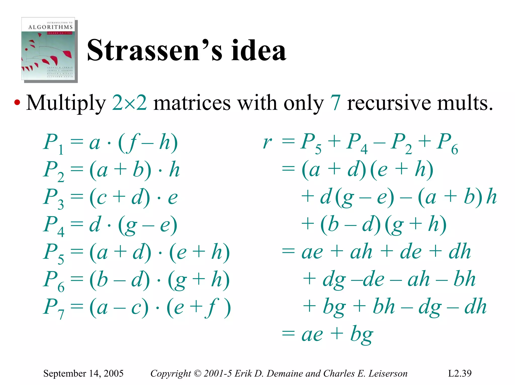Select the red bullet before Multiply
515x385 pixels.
click(x=17, y=103)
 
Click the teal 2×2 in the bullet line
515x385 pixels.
click(x=129, y=103)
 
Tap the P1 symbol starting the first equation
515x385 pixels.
click(x=53, y=143)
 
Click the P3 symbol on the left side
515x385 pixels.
click(x=53, y=198)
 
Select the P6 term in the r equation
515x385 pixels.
click(x=448, y=143)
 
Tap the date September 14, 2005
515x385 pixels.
click(x=83, y=373)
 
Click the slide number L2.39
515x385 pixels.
click(x=460, y=373)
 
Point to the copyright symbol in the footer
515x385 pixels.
click(x=198, y=373)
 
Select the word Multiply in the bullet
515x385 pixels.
click(x=66, y=103)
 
